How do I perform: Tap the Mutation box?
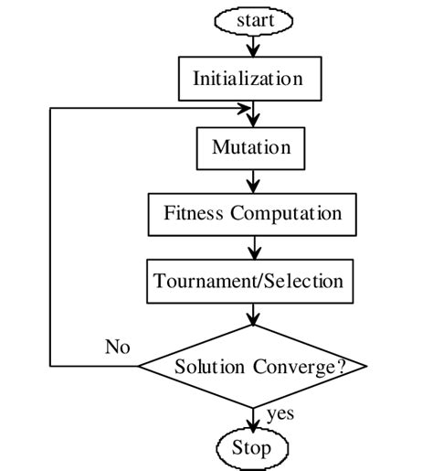(x=251, y=147)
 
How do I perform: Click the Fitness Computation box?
(x=253, y=214)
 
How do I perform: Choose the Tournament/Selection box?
(x=248, y=281)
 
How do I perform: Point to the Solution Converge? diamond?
(x=253, y=367)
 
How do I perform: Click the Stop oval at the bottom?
(x=251, y=448)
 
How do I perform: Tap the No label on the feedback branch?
(x=117, y=348)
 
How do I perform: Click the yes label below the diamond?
(x=280, y=414)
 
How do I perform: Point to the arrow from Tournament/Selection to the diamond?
(x=252, y=313)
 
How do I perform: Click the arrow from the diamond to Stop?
(x=252, y=419)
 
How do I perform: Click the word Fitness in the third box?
(x=194, y=214)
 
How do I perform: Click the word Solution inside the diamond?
(x=209, y=368)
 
